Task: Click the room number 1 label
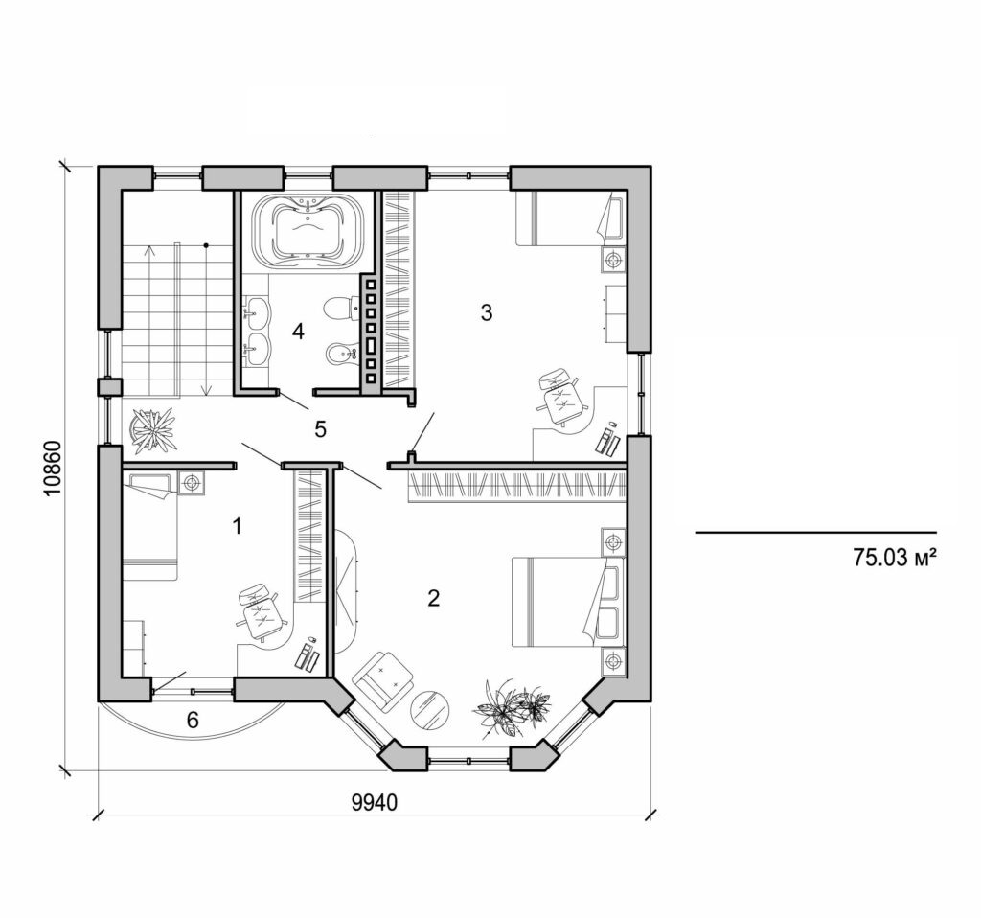click(x=238, y=525)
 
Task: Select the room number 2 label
click(x=433, y=599)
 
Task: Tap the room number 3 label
click(x=486, y=312)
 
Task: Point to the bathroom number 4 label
click(x=298, y=332)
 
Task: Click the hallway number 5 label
click(x=320, y=428)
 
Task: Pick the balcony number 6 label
click(x=193, y=721)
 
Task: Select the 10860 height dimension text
click(x=53, y=468)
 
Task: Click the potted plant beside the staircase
click(x=153, y=429)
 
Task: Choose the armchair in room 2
click(x=383, y=678)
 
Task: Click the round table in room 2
click(x=432, y=709)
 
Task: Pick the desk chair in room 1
click(x=258, y=610)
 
